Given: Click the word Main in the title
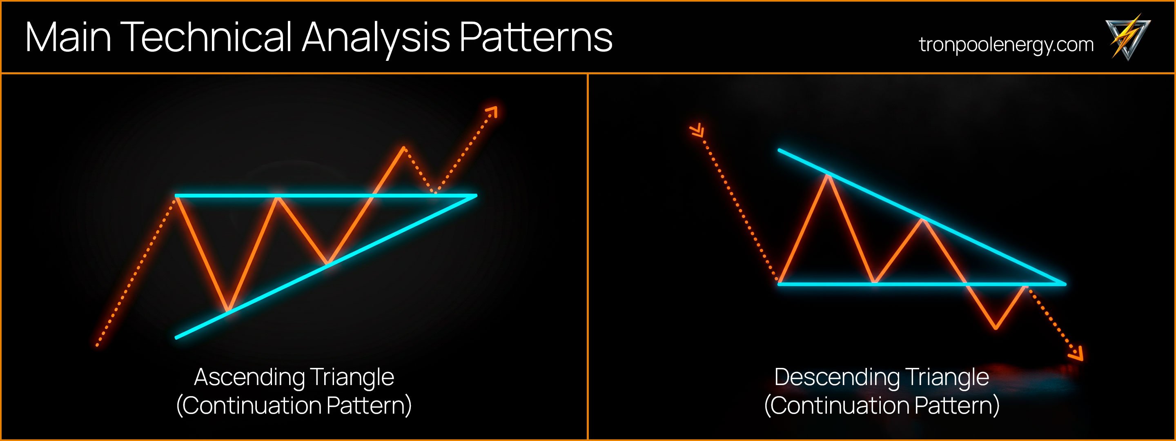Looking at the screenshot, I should pyautogui.click(x=69, y=38).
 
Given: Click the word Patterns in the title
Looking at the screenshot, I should pyautogui.click(x=535, y=38).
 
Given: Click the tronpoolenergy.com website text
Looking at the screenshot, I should pyautogui.click(x=1006, y=45).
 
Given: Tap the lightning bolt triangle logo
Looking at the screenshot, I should pyautogui.click(x=1127, y=38).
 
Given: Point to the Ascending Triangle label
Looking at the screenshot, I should pyautogui.click(x=294, y=377).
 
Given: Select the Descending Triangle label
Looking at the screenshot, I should pyautogui.click(x=882, y=377).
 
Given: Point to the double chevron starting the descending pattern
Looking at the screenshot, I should pyautogui.click(x=697, y=131).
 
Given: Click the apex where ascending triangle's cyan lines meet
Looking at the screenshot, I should pyautogui.click(x=475, y=196).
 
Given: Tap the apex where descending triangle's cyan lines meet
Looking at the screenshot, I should pyautogui.click(x=1065, y=284).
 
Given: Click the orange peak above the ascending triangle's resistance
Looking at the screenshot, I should pyautogui.click(x=403, y=147).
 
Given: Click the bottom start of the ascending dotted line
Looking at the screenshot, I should pyautogui.click(x=97, y=345).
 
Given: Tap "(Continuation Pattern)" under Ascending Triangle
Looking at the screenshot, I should pyautogui.click(x=294, y=405).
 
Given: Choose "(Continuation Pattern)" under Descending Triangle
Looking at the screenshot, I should pyautogui.click(x=882, y=405).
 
